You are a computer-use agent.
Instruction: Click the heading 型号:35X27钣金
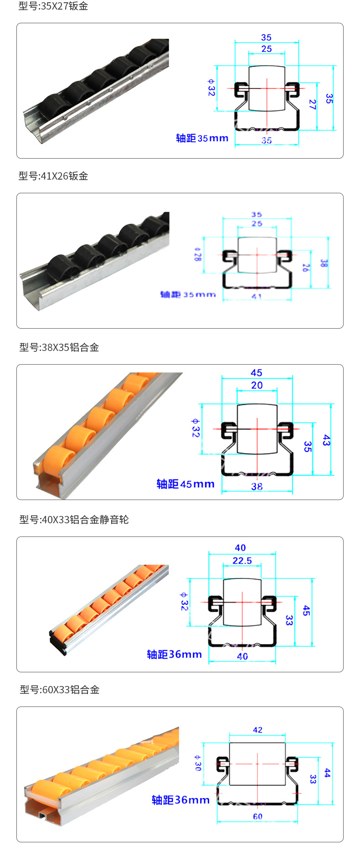pos(53,6)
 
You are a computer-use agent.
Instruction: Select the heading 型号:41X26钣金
pos(53,176)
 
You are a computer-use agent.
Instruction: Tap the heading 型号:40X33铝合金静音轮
pos(74,520)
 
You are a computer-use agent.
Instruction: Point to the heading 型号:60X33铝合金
pos(59,690)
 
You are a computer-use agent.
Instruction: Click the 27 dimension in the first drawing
pos(312,104)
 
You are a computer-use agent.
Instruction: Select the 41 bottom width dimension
pos(257,296)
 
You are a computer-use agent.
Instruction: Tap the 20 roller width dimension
pos(257,385)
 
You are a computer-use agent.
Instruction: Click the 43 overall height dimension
pos(326,440)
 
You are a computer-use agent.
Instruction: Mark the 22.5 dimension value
pos(242,561)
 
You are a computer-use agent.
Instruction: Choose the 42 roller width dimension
pos(257,730)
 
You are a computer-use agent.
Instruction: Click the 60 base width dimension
pos(257,816)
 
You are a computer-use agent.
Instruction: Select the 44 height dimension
pos(327,773)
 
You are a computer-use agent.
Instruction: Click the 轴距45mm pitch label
pos(185,484)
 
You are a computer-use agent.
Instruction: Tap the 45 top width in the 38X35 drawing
pos(257,373)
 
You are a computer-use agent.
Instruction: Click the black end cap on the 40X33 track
pos(57,643)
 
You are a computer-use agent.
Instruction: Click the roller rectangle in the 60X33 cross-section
pos(257,763)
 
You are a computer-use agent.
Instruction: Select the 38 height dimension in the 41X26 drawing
pos(323,263)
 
